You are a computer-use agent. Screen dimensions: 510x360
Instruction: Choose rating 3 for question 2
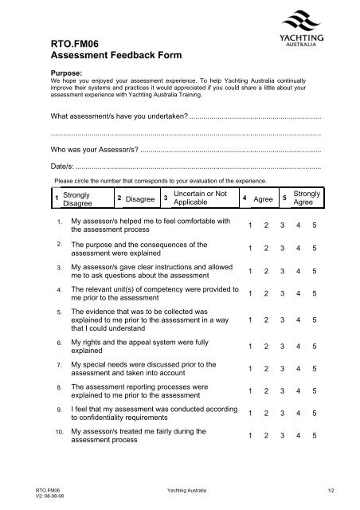[x=283, y=249]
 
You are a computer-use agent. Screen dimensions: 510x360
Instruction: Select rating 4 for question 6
[x=299, y=347]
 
